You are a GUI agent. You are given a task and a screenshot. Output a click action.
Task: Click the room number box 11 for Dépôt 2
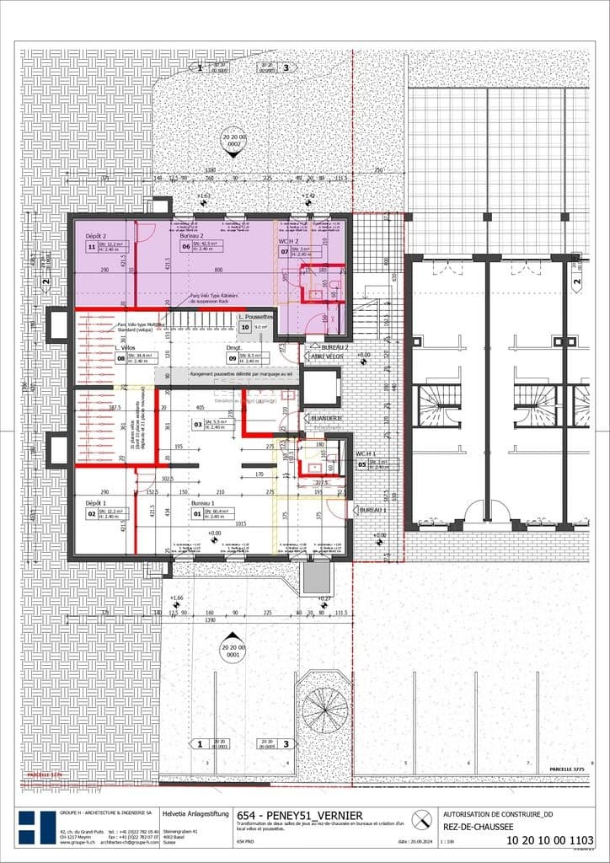click(91, 247)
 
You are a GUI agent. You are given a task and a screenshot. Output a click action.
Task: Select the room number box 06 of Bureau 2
click(185, 247)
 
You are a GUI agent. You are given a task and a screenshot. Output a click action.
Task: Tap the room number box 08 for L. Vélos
click(120, 357)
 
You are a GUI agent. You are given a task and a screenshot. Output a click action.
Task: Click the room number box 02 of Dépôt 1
click(91, 513)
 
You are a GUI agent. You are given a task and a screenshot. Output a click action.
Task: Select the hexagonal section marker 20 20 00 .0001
click(232, 651)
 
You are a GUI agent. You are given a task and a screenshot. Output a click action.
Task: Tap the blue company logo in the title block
click(37, 828)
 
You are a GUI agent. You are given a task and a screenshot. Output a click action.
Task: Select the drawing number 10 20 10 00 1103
click(551, 840)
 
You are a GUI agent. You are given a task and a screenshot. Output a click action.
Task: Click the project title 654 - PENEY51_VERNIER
click(300, 816)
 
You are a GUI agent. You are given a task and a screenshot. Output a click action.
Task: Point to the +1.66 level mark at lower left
click(176, 598)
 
